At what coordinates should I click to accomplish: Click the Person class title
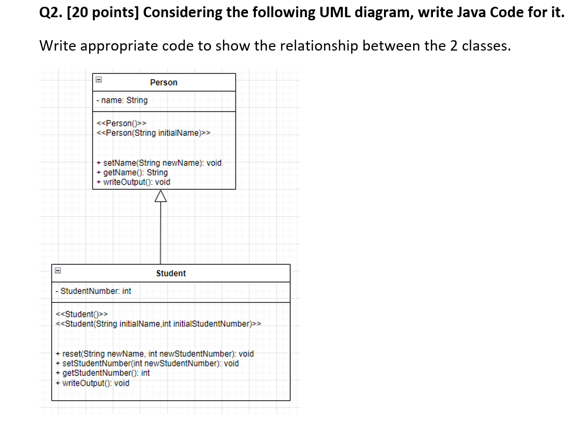tap(164, 82)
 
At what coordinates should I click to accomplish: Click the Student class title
tap(171, 273)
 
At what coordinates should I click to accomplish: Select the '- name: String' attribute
tap(122, 100)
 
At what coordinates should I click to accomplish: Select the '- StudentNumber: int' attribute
tap(94, 291)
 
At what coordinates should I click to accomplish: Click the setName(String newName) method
tap(159, 163)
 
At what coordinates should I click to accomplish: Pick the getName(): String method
tap(132, 172)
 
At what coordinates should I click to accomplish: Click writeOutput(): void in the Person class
tap(134, 182)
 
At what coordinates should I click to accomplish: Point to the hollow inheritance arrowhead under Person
tap(160, 196)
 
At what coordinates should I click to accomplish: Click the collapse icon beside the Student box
tap(58, 271)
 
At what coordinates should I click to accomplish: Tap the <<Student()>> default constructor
tap(82, 314)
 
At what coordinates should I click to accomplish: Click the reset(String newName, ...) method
tap(155, 353)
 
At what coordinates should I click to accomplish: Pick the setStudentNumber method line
tap(147, 363)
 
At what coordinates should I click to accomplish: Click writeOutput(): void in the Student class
tap(93, 383)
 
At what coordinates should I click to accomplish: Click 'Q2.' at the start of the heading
tap(50, 13)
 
